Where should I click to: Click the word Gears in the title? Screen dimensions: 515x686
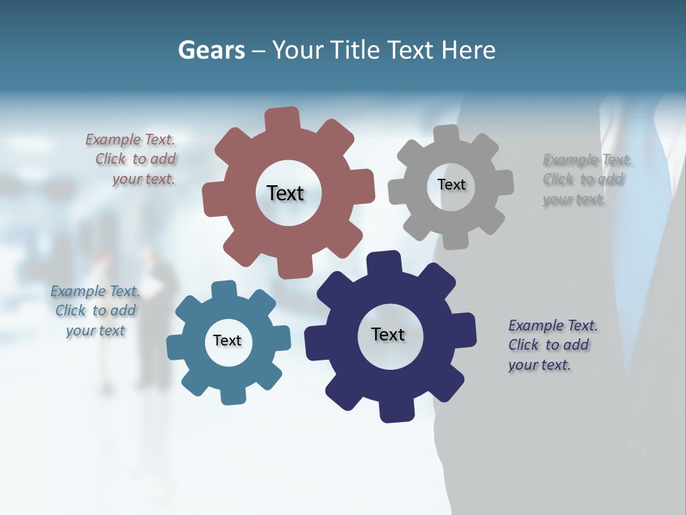(x=211, y=51)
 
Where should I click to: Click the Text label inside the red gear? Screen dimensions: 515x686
(x=285, y=193)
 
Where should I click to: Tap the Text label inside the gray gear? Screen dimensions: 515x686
(x=451, y=185)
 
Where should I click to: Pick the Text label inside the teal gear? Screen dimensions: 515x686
(x=227, y=340)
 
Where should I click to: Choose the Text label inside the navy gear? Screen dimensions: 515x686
(x=388, y=334)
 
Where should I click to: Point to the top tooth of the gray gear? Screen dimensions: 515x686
(x=447, y=134)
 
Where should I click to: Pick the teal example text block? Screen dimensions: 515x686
(x=95, y=310)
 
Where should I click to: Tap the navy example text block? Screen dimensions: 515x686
(x=552, y=345)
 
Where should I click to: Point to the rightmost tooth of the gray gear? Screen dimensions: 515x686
(x=504, y=182)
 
